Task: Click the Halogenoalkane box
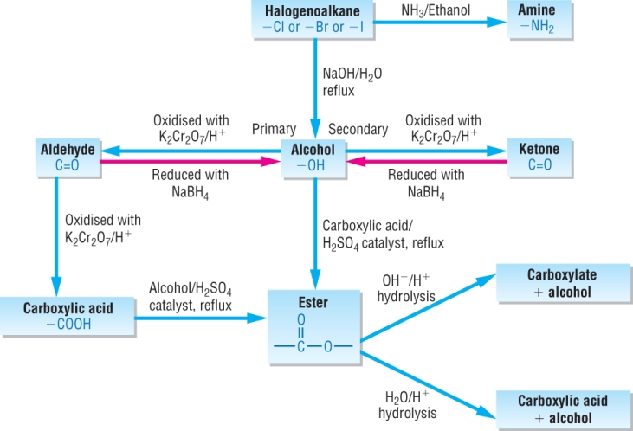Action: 317,18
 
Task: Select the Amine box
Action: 536,18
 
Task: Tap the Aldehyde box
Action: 68,157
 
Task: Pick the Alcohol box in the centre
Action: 313,157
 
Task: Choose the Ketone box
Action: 539,157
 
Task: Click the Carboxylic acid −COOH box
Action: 68,316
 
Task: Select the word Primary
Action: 274,129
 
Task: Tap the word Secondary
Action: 358,129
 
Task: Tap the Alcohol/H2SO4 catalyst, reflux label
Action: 191,296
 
